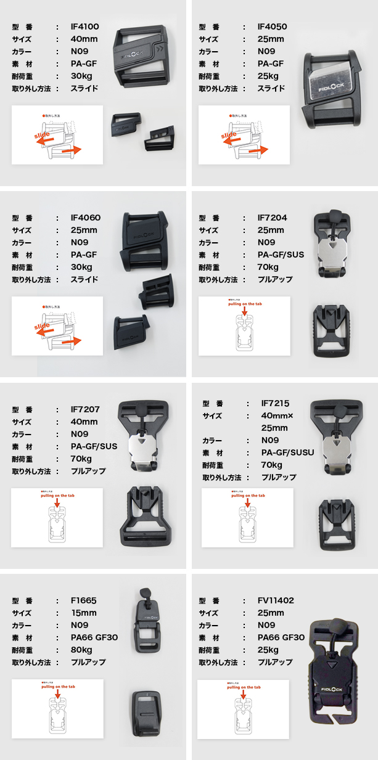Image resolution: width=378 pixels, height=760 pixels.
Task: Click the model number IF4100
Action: (85, 27)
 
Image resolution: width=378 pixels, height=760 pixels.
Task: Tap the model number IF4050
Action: (272, 27)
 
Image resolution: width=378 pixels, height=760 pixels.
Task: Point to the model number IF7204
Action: (273, 218)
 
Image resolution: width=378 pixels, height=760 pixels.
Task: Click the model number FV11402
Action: (276, 600)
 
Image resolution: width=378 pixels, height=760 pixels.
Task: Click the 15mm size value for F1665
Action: (84, 613)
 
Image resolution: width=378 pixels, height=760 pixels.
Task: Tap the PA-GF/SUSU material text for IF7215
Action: (288, 452)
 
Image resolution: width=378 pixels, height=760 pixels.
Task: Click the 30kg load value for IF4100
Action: (82, 76)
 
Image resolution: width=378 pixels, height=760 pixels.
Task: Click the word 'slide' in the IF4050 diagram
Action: (229, 134)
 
